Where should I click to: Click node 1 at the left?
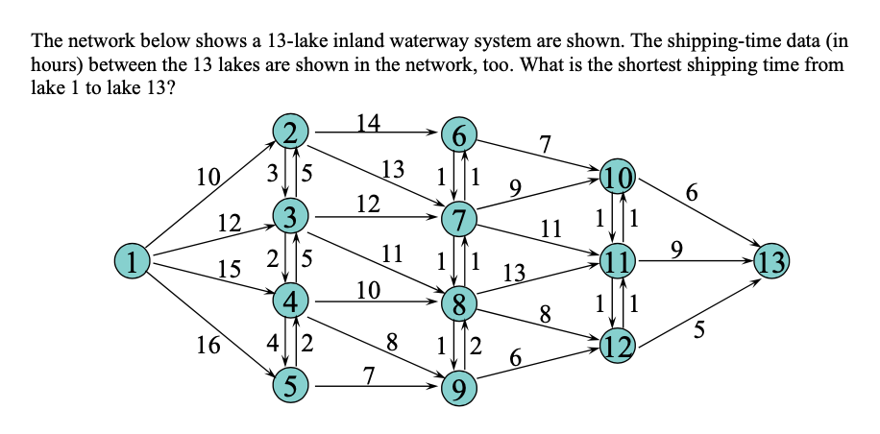click(x=135, y=259)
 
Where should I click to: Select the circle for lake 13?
click(x=770, y=259)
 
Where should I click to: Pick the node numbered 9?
click(x=459, y=388)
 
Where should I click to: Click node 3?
click(x=289, y=214)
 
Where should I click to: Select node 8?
click(x=459, y=305)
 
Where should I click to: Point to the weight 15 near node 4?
click(x=228, y=272)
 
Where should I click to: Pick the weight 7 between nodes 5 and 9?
click(x=368, y=374)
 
